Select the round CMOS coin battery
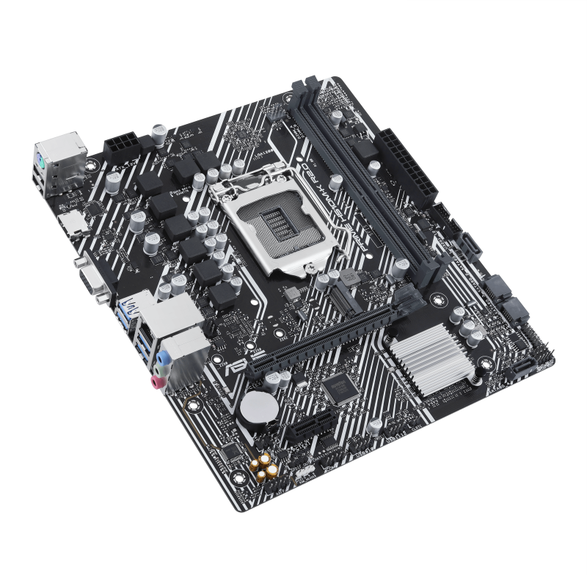click(258, 404)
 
